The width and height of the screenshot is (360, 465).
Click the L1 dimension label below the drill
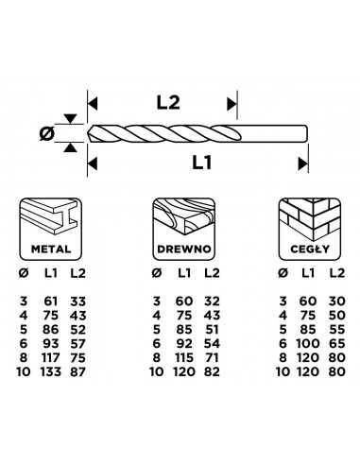click(x=200, y=163)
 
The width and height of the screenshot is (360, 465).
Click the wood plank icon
click(x=180, y=224)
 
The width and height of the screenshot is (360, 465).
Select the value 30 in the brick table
click(x=336, y=300)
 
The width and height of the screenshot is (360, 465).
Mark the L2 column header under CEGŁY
click(x=336, y=274)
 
